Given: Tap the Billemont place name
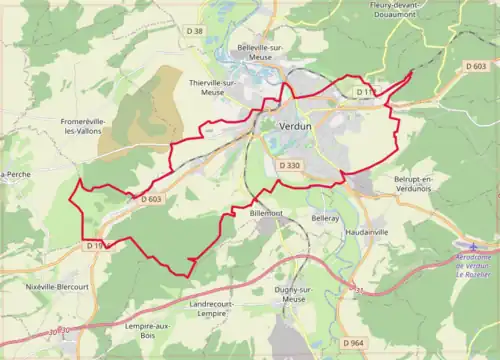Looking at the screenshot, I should (266, 213).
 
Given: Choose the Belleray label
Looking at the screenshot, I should (325, 217).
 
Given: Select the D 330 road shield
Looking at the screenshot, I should (290, 164).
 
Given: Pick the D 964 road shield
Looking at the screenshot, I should (352, 343).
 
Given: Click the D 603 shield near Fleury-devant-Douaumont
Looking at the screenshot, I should (476, 66).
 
